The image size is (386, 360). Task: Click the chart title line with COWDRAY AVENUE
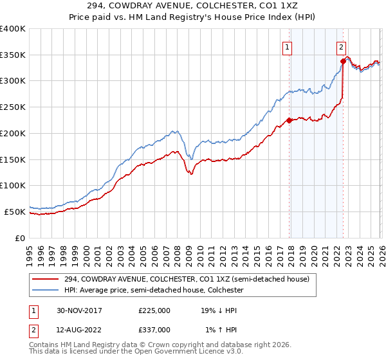[x=193, y=6]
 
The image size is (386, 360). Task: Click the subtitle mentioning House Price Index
[x=193, y=17]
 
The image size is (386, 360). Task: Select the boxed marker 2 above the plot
[x=341, y=46]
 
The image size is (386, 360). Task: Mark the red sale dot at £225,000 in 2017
[x=289, y=120]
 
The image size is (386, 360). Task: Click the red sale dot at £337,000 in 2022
[x=343, y=62]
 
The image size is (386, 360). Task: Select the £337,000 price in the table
[x=154, y=329]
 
